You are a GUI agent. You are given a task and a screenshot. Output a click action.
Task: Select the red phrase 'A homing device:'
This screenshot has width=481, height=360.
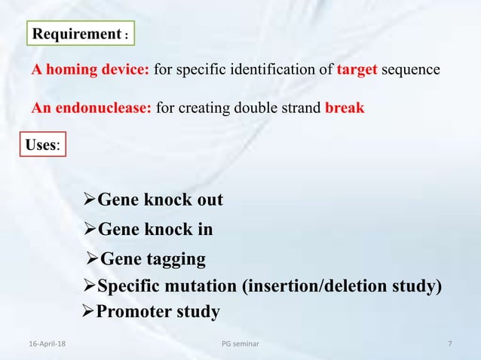[x=90, y=70]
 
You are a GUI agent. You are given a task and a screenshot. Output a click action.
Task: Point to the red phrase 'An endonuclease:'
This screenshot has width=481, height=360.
[x=91, y=108]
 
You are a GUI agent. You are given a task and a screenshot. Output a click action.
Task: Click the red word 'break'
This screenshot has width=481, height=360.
[x=345, y=108]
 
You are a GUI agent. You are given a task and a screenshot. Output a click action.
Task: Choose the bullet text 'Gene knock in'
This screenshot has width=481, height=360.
[x=155, y=230]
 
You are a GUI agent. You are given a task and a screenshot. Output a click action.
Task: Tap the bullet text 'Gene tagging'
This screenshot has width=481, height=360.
[x=153, y=259]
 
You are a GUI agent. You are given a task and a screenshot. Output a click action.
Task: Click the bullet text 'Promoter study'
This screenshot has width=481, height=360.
[x=158, y=311]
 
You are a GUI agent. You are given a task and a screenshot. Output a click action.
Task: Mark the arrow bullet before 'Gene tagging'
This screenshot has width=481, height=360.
[x=93, y=259]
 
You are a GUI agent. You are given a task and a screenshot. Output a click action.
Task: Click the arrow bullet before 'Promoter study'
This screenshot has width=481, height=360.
[x=88, y=311]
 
